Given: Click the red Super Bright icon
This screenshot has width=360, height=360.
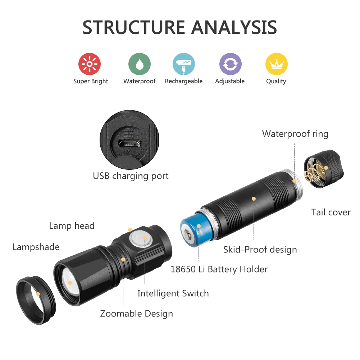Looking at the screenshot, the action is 90,64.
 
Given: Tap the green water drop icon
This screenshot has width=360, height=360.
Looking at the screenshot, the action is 140,64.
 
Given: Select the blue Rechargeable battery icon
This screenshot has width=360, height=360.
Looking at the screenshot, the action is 184,64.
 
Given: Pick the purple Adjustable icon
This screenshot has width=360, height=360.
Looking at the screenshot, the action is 230,64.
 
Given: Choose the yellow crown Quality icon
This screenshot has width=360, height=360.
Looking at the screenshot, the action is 277,64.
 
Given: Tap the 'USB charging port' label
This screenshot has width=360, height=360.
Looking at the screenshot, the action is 131,176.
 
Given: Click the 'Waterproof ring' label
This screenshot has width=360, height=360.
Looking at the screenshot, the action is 295,134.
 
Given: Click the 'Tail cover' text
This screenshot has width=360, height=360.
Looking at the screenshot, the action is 331,212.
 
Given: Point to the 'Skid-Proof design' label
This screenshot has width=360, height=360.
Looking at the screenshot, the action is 260,250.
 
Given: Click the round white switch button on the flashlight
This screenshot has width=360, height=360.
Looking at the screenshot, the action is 141,239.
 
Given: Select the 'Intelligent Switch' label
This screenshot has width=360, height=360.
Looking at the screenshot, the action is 173,293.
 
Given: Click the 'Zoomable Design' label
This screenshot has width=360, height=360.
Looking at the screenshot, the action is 136,314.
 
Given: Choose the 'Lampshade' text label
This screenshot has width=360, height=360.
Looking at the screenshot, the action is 36,247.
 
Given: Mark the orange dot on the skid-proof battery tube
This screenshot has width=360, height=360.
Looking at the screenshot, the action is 254,199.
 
